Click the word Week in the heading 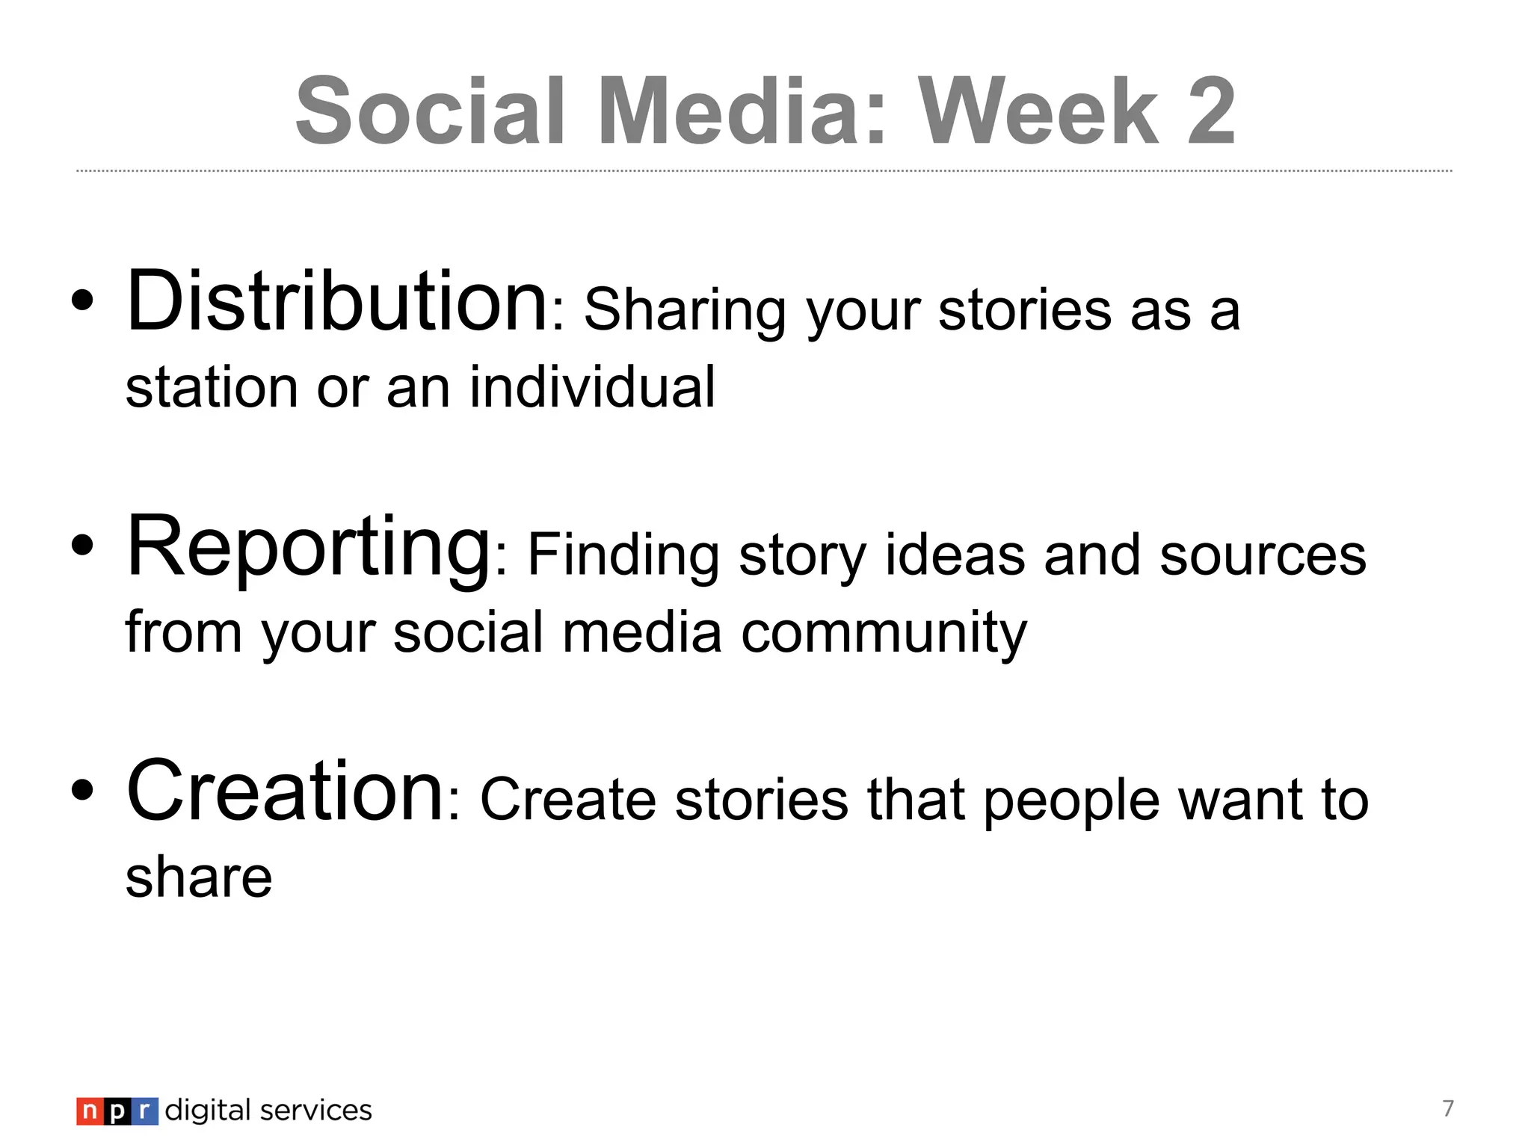pyautogui.click(x=1039, y=112)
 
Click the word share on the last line pyautogui.click(x=198, y=877)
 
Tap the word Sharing pyautogui.click(x=684, y=311)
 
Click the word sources pyautogui.click(x=1263, y=556)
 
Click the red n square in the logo pyautogui.click(x=90, y=1111)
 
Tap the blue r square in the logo pyautogui.click(x=145, y=1111)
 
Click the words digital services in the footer pyautogui.click(x=268, y=1111)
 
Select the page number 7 pyautogui.click(x=1448, y=1108)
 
